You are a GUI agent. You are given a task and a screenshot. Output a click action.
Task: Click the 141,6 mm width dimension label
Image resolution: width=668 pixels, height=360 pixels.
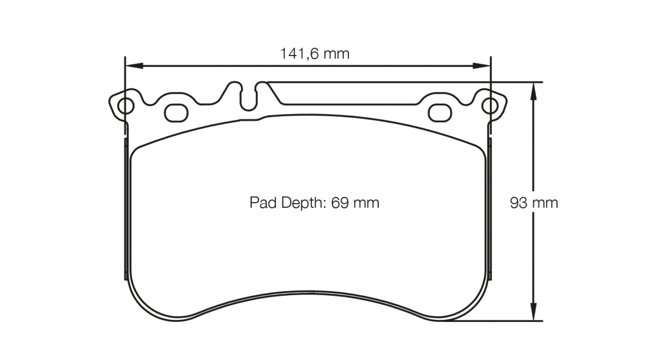click(x=315, y=54)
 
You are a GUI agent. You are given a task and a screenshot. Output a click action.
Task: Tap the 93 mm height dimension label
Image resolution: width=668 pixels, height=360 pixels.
click(x=534, y=203)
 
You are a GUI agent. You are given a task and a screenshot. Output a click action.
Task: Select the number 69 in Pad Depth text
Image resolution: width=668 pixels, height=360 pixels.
click(x=340, y=203)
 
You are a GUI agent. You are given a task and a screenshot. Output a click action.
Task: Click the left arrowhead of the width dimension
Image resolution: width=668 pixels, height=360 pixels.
click(x=134, y=66)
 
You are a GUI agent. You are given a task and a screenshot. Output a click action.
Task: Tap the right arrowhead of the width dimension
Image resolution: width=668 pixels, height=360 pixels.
click(x=482, y=66)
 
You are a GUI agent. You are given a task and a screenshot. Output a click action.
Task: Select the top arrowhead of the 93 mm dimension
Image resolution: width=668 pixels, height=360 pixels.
click(x=534, y=91)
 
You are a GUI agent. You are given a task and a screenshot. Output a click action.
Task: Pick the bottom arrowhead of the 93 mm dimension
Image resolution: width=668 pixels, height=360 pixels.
click(x=534, y=312)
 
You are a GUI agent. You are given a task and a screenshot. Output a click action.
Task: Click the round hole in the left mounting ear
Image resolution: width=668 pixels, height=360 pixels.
click(x=126, y=106)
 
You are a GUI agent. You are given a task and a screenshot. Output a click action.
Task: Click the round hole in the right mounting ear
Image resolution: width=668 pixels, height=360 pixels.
click(x=490, y=106)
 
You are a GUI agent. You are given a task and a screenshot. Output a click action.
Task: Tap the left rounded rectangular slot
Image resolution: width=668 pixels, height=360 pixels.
click(x=176, y=113)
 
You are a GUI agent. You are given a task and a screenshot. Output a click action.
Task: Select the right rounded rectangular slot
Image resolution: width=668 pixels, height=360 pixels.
click(x=440, y=113)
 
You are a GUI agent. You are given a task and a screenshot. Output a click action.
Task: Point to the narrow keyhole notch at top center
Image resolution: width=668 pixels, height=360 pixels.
click(x=249, y=97)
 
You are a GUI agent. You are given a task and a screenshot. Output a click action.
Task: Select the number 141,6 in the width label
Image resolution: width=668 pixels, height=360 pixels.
click(x=300, y=54)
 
